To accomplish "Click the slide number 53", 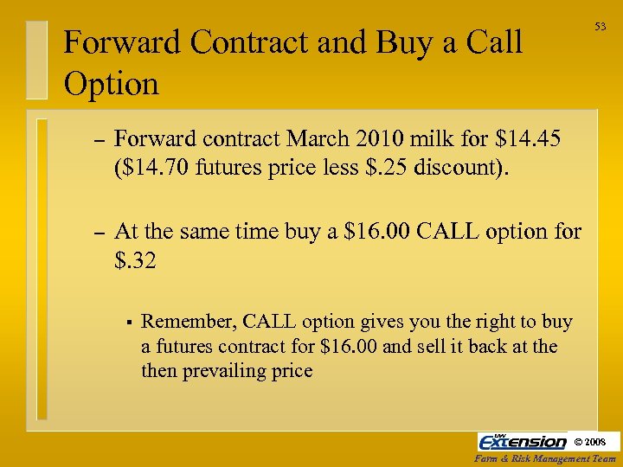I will click(x=600, y=27).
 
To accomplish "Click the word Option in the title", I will click(x=112, y=84).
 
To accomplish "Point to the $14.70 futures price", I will click(x=153, y=166).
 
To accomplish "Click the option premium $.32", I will click(x=135, y=259).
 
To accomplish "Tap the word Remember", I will click(x=188, y=322).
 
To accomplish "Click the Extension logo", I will click(x=522, y=441).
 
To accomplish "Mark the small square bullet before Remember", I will click(x=127, y=323).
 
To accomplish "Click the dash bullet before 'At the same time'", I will click(x=98, y=232).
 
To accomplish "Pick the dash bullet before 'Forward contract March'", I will click(x=98, y=138).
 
